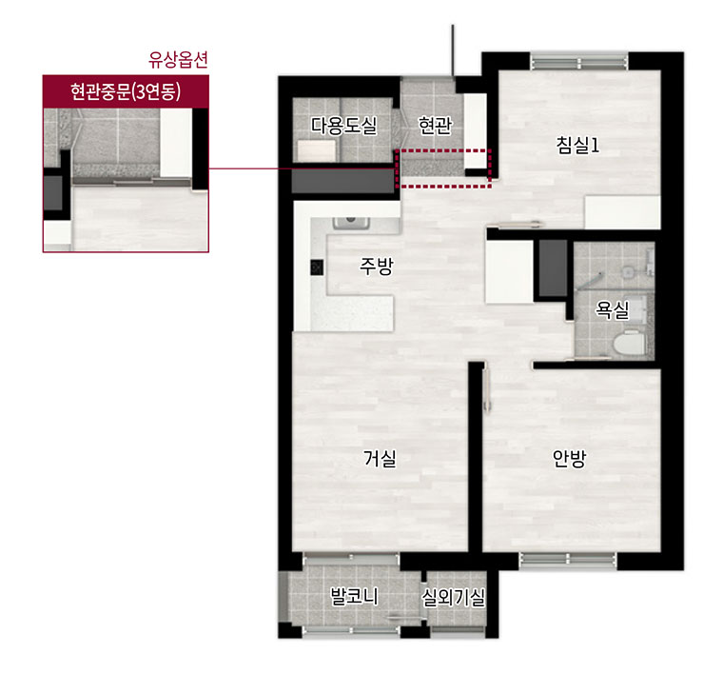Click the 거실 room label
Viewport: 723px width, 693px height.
coord(380,459)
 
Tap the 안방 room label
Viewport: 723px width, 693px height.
coord(570,459)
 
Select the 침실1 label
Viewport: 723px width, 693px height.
coord(577,145)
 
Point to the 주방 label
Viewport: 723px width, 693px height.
coord(377,266)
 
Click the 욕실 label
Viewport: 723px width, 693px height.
coord(613,309)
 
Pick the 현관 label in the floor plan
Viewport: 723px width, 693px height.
coord(435,125)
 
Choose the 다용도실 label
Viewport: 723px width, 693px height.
coord(344,125)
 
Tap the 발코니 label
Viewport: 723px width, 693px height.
coord(354,596)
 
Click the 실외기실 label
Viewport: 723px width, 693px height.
coord(453,598)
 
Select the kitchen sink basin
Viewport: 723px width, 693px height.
coord(351,223)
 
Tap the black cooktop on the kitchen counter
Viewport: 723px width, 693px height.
coord(317,267)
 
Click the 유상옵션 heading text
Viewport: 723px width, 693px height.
coord(178,60)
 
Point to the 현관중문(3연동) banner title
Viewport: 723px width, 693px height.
coord(126,91)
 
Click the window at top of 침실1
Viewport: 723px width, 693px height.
coord(579,61)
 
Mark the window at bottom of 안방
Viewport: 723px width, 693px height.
coord(568,560)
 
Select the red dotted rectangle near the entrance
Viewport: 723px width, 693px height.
coord(443,168)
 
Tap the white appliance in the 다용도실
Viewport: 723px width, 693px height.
coord(316,150)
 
